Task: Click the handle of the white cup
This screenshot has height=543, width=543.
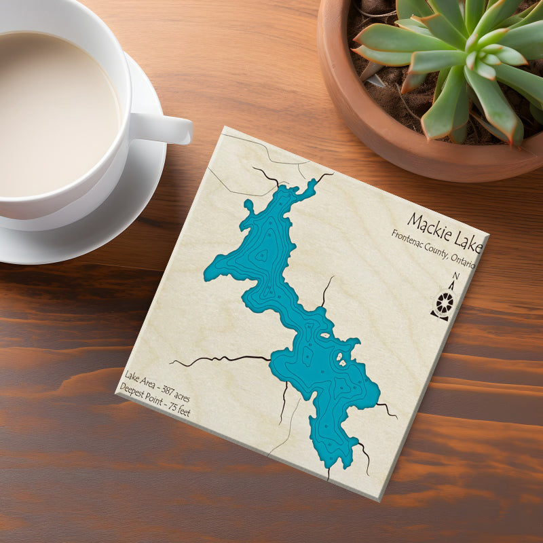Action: click(166, 128)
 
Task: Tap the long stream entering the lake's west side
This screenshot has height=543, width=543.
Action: click(224, 358)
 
